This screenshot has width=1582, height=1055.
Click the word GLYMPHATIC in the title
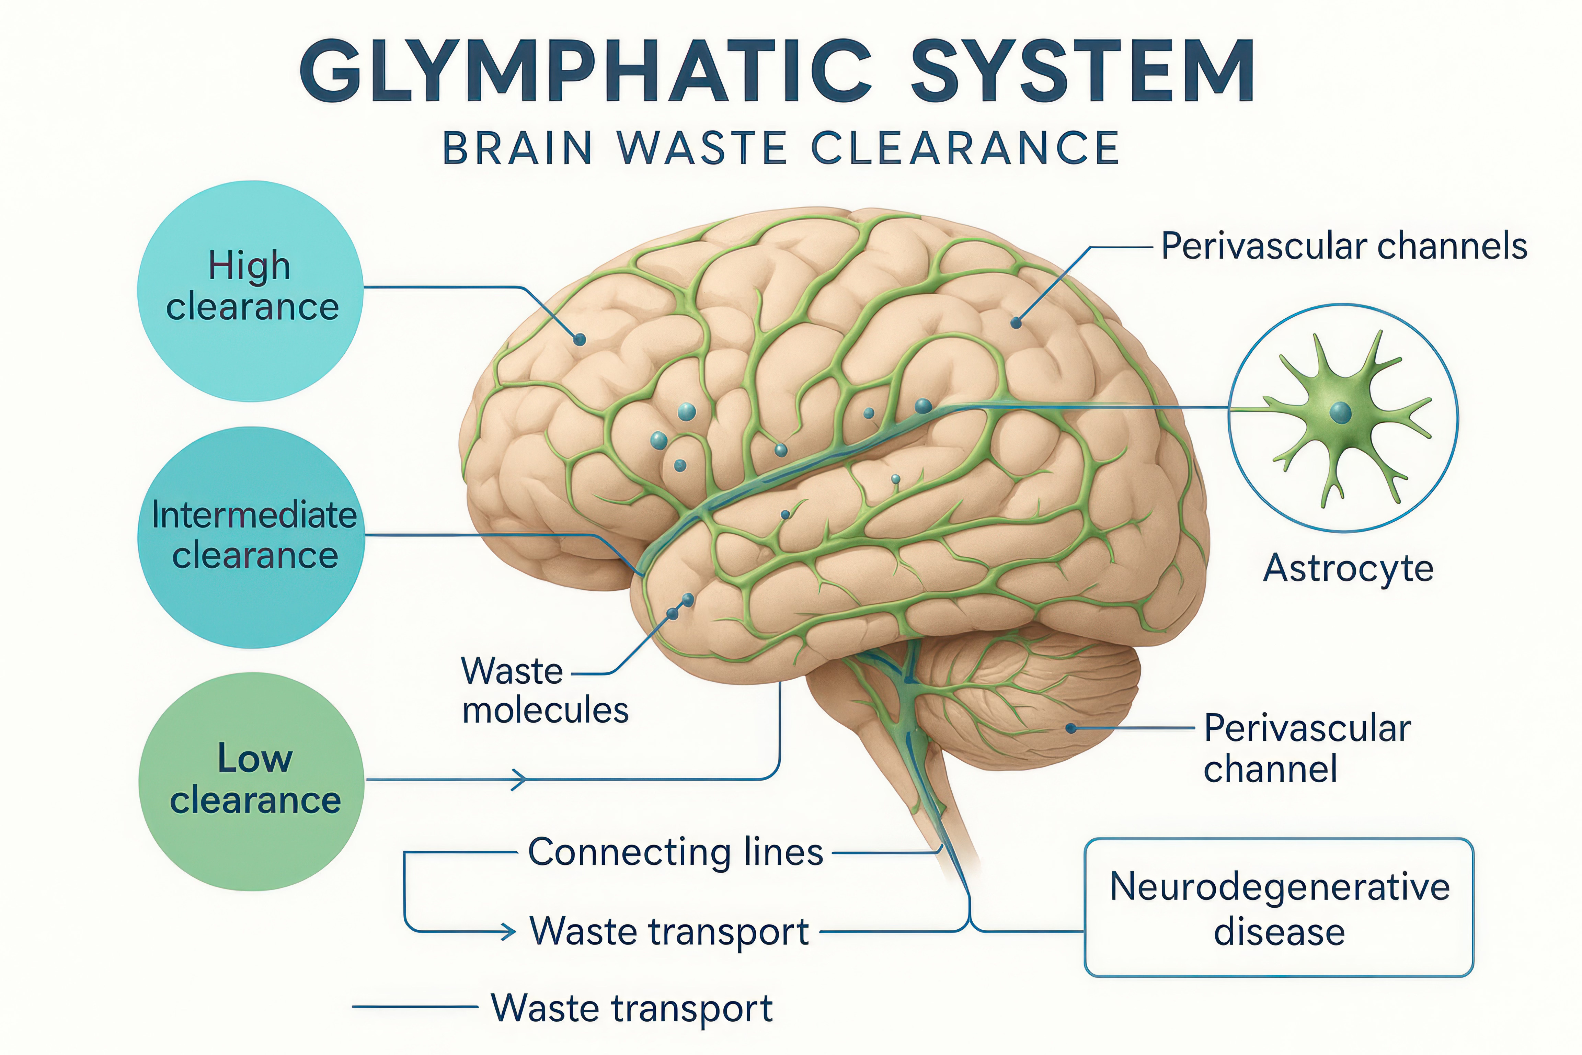pyautogui.click(x=585, y=71)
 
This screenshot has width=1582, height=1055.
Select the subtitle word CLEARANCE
pyautogui.click(x=965, y=148)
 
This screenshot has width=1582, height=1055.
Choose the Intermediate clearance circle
pyautogui.click(x=252, y=537)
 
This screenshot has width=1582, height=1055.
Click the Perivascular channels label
pyautogui.click(x=1344, y=246)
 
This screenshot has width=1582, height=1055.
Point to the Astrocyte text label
pyautogui.click(x=1348, y=569)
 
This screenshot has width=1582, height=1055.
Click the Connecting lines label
pyautogui.click(x=675, y=852)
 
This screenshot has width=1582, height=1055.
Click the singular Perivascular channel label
pyautogui.click(x=1306, y=748)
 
